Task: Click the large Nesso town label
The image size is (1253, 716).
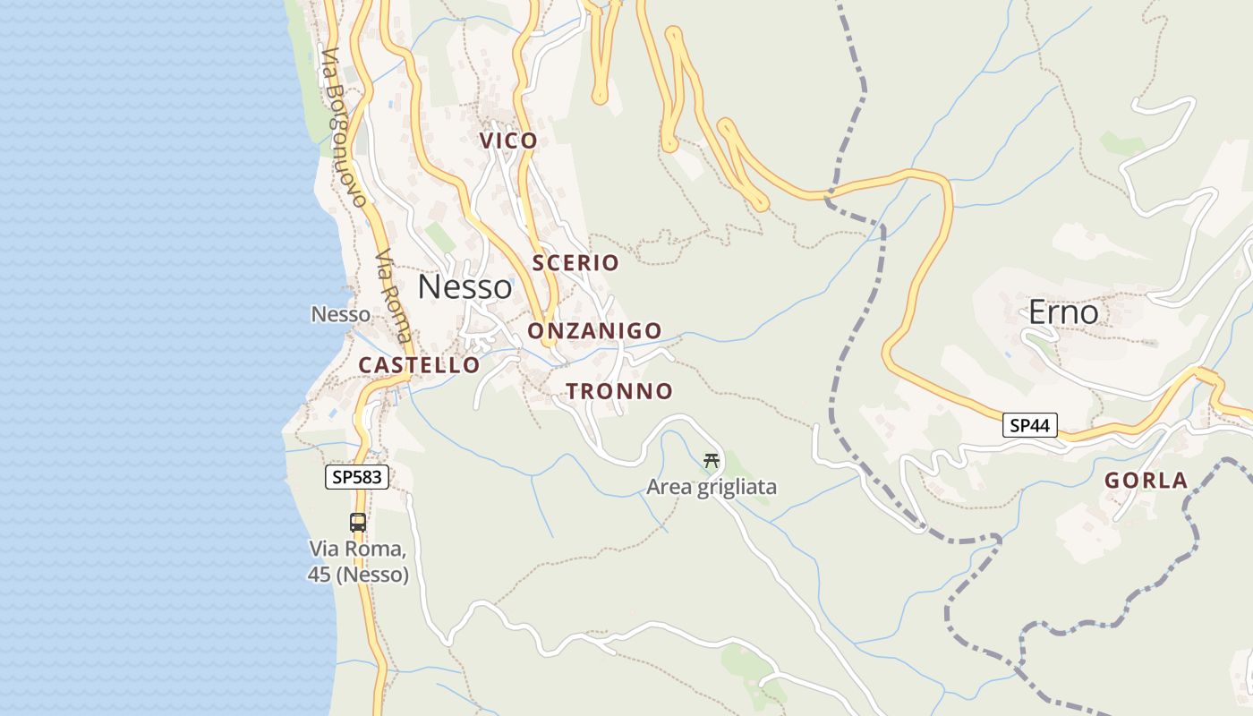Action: click(x=465, y=287)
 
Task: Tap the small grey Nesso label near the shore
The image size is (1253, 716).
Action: click(x=340, y=314)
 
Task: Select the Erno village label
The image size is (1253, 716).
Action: click(x=1062, y=312)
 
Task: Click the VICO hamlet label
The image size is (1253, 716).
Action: click(x=508, y=141)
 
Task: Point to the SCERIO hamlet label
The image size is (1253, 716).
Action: click(x=575, y=262)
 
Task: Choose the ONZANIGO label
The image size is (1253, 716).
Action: click(x=594, y=331)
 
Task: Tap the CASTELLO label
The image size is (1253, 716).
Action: click(x=419, y=365)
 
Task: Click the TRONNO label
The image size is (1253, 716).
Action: click(x=618, y=391)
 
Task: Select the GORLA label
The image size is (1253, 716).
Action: click(x=1146, y=481)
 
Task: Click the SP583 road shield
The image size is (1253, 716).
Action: click(x=357, y=477)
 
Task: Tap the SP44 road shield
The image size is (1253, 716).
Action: click(x=1029, y=425)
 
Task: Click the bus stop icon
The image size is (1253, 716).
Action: click(x=357, y=522)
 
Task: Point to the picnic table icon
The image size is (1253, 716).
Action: click(x=712, y=461)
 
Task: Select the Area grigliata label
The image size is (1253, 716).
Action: click(x=712, y=488)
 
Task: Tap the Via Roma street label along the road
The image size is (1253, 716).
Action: click(x=394, y=295)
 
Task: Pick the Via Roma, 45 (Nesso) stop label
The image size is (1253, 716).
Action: click(x=358, y=561)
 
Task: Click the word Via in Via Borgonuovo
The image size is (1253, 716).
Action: click(x=328, y=64)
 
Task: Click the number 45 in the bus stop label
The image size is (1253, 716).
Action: click(x=320, y=575)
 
